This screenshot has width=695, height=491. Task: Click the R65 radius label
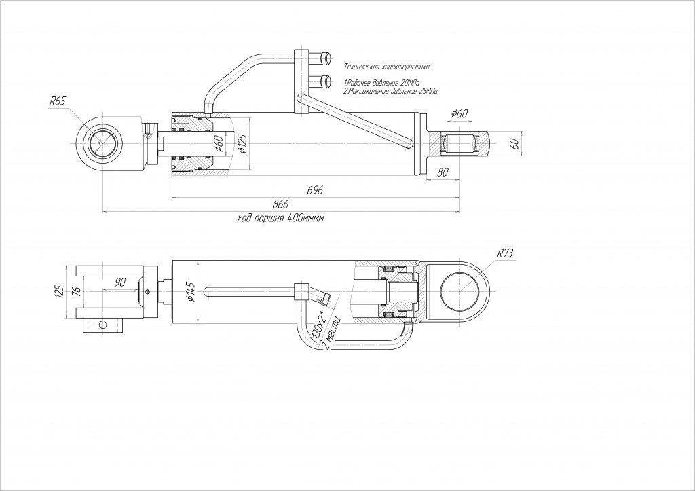coord(57,101)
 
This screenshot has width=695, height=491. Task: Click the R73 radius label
coord(505,253)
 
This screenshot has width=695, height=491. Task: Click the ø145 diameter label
coord(191,291)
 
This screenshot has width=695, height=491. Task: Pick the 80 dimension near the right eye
coord(443,172)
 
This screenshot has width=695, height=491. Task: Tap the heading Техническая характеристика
coord(387,67)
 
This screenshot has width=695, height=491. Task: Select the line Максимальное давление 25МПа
coord(389,90)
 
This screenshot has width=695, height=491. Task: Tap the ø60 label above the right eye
coord(459,113)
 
